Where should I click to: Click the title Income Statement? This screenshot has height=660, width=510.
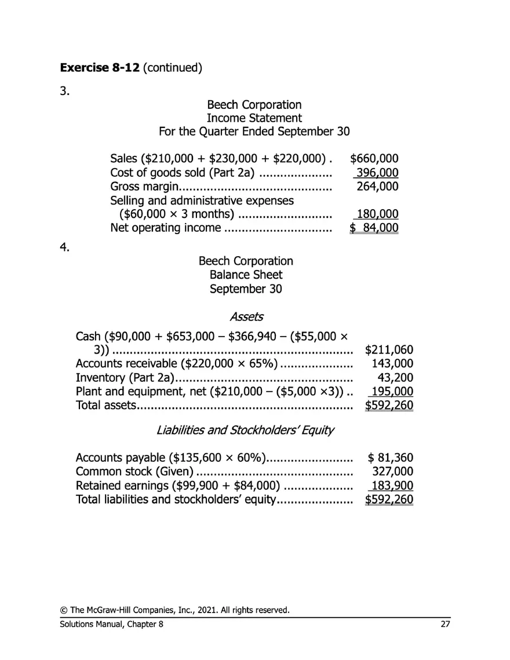click(x=254, y=118)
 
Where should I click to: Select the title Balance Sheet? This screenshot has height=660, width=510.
click(x=246, y=275)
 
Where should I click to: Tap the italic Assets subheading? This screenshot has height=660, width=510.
click(x=246, y=317)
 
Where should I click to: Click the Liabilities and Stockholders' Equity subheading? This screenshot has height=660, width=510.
click(x=245, y=431)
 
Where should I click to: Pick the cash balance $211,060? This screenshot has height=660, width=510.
click(x=389, y=350)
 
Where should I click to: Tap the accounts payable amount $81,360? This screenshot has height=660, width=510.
click(x=391, y=458)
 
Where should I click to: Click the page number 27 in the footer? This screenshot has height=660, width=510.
click(x=445, y=624)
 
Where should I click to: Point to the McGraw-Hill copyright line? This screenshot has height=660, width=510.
click(x=174, y=610)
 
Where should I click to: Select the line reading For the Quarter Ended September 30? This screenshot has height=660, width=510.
click(x=254, y=132)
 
